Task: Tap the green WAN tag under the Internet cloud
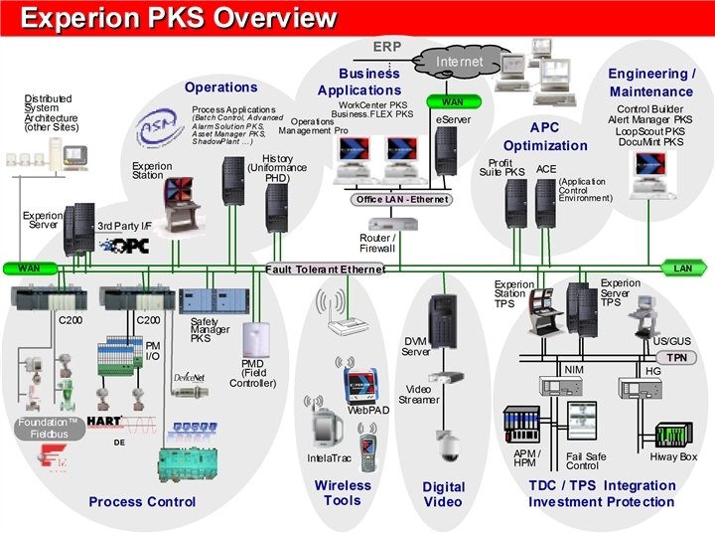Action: (x=452, y=101)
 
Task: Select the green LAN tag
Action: (x=682, y=268)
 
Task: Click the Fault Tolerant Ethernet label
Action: (x=325, y=268)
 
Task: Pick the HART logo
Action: (x=105, y=421)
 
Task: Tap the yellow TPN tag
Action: (x=675, y=357)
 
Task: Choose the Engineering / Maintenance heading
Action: (x=651, y=83)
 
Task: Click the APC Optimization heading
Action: (x=544, y=136)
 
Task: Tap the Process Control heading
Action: (x=142, y=502)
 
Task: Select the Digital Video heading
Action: (x=443, y=494)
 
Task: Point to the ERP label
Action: (x=386, y=47)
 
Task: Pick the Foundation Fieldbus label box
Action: (x=48, y=429)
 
